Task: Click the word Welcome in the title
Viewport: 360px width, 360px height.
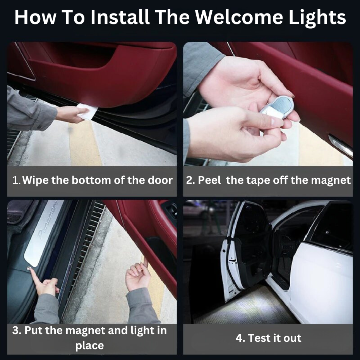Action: pyautogui.click(x=239, y=17)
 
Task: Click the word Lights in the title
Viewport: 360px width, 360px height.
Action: pyautogui.click(x=317, y=18)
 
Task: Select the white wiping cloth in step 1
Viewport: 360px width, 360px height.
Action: pyautogui.click(x=87, y=111)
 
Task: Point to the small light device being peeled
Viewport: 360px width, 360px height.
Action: pyautogui.click(x=277, y=107)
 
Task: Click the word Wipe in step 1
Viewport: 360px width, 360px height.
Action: pyautogui.click(x=36, y=180)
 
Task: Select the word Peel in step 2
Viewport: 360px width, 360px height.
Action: pyautogui.click(x=209, y=180)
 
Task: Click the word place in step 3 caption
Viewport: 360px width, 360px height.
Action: pyautogui.click(x=89, y=346)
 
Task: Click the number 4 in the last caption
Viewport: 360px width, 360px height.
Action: pyautogui.click(x=240, y=338)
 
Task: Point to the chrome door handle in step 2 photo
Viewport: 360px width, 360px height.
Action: pyautogui.click(x=341, y=145)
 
